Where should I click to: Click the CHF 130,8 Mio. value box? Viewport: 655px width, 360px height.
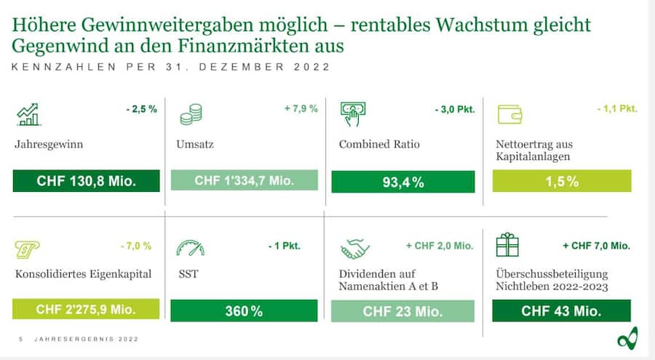[87, 181]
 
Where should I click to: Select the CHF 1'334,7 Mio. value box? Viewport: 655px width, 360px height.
[244, 180]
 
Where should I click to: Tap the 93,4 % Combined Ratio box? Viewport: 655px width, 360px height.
[402, 182]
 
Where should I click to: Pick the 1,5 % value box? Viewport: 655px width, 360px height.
[562, 181]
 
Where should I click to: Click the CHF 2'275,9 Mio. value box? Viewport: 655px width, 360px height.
[87, 309]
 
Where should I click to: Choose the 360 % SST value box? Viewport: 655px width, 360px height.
[244, 311]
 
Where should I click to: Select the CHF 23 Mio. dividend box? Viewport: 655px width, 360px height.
[402, 311]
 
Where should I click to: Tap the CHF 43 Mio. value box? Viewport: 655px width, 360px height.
[561, 311]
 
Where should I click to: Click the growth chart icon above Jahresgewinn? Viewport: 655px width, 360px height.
[30, 114]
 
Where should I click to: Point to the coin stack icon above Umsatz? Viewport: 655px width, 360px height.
[191, 114]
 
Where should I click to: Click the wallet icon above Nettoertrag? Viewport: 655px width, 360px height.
[509, 114]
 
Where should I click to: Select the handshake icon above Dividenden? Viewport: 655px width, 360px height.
[354, 248]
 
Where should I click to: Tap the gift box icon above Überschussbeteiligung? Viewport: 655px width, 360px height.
[507, 246]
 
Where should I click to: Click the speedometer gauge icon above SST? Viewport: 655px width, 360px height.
[190, 247]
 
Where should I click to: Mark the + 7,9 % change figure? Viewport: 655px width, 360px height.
[301, 108]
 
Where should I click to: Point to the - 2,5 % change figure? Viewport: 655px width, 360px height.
[142, 108]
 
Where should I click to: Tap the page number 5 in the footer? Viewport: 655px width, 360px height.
[20, 339]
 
